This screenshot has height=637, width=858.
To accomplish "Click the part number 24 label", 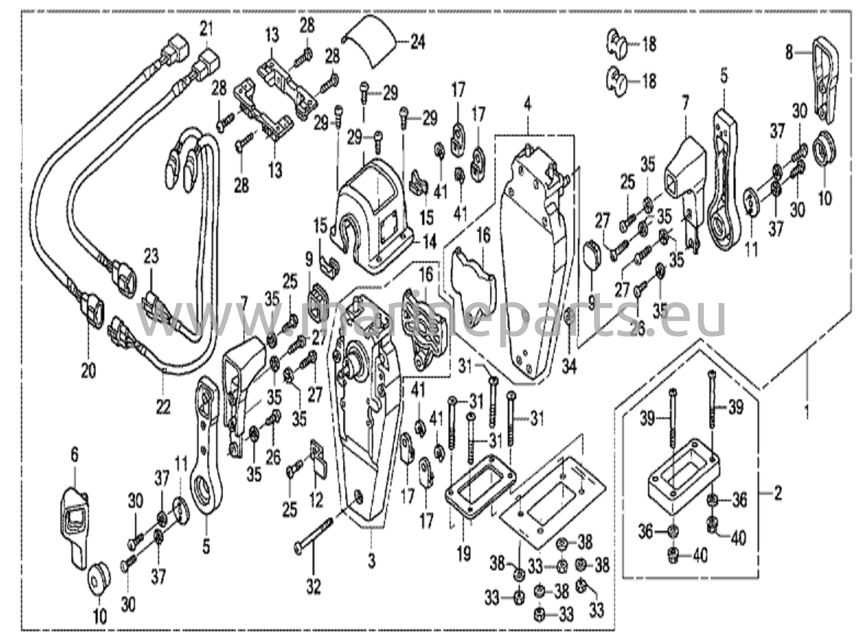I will pyautogui.click(x=418, y=42).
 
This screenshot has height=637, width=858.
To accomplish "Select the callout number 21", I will pyautogui.click(x=206, y=29).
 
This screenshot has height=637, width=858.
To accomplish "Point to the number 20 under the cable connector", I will pyautogui.click(x=88, y=370).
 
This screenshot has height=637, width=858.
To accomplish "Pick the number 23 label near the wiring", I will pyautogui.click(x=152, y=256).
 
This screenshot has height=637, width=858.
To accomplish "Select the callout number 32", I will pyautogui.click(x=313, y=587).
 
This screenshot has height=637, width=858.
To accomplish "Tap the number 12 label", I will pyautogui.click(x=316, y=500).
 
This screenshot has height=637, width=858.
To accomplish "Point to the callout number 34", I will pyautogui.click(x=569, y=367).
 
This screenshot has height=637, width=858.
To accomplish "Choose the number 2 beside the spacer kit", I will pyautogui.click(x=778, y=493).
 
